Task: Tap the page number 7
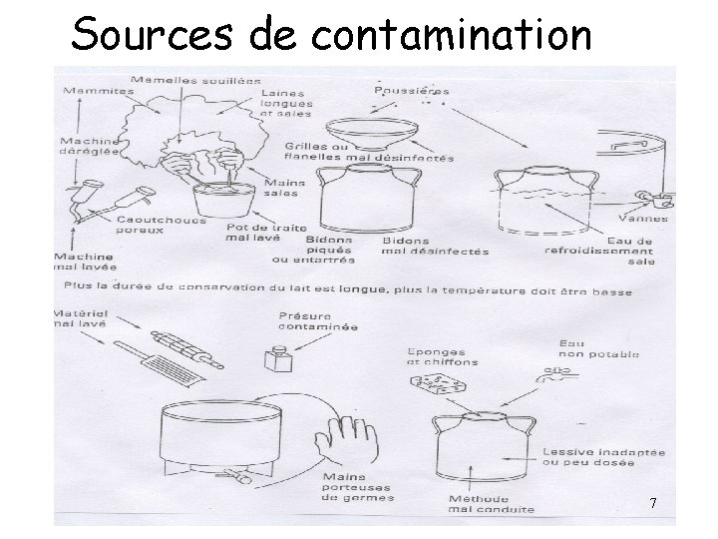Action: coord(652,503)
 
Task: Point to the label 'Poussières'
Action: coord(411,90)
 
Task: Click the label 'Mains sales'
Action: coord(284,188)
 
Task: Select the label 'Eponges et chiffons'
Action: coord(442,356)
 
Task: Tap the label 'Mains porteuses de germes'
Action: coord(358,486)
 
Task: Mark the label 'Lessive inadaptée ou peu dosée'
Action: coord(602,458)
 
